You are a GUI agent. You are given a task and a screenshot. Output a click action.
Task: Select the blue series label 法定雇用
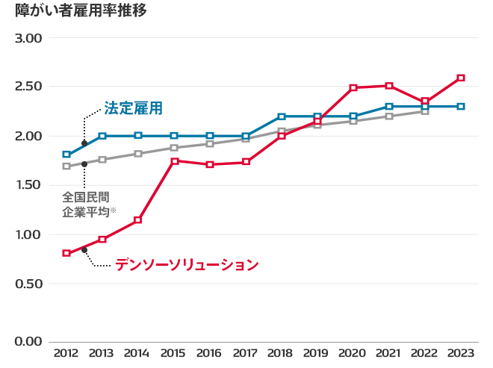[x=133, y=108]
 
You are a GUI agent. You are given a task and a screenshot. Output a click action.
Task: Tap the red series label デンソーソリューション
[x=187, y=264]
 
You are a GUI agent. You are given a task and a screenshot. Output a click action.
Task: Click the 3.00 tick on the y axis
[x=29, y=38]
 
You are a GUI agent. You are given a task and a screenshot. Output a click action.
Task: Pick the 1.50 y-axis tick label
[x=29, y=185]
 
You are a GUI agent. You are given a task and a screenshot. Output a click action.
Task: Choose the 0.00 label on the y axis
[x=29, y=342]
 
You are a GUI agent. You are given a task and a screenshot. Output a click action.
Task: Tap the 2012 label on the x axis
[x=66, y=353]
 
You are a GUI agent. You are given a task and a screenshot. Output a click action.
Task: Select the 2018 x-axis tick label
[x=281, y=353]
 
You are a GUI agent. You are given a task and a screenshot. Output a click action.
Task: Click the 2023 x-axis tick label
[x=460, y=353]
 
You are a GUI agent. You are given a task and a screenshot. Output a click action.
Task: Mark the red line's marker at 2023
[x=461, y=78]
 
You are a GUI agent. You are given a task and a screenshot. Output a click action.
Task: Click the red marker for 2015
[x=174, y=161]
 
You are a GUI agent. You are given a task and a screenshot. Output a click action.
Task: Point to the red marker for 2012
[x=66, y=253]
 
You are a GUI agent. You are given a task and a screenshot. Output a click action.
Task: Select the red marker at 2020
[x=353, y=88]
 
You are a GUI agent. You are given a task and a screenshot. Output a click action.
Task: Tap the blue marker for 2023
[x=461, y=107]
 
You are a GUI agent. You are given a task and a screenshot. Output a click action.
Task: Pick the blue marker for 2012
[x=66, y=155]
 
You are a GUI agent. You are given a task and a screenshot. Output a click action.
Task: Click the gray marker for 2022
[x=425, y=111]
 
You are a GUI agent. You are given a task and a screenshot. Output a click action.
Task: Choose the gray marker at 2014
[x=138, y=154]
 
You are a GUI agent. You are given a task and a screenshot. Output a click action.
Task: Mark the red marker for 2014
[x=138, y=220]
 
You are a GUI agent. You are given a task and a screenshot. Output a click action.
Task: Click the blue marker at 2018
[x=282, y=116]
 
